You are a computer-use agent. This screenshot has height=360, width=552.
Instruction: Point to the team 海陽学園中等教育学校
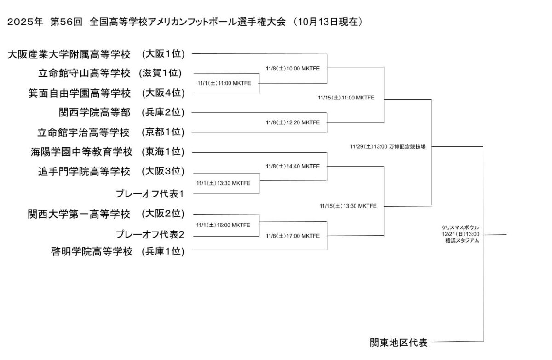75,152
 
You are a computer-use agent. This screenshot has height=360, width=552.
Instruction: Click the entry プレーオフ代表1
150,194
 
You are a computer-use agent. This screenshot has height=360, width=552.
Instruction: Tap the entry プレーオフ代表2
150,234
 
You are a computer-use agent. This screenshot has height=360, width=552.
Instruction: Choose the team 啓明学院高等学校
92,251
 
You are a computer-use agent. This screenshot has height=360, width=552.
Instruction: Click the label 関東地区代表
399,343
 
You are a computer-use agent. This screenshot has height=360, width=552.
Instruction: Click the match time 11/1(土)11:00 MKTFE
224,83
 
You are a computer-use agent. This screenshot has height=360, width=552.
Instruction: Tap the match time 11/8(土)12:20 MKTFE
293,122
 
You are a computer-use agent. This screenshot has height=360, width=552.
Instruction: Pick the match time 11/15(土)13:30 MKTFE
348,206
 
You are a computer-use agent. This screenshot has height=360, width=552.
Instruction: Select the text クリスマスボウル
460,227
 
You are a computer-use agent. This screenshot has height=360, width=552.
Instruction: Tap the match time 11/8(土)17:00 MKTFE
293,236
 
